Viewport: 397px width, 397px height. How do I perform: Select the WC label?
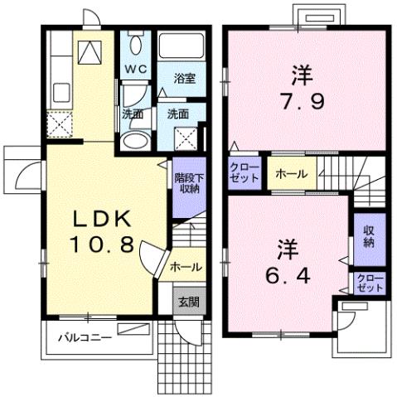click(x=135, y=69)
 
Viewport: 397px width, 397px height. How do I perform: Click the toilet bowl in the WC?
click(x=135, y=46)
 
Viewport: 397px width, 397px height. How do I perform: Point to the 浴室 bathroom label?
click(x=184, y=78)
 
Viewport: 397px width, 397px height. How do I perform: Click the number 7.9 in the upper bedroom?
click(x=300, y=106)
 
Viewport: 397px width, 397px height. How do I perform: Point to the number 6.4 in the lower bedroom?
click(x=288, y=275)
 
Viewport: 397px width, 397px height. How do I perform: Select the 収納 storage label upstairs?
click(x=368, y=237)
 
